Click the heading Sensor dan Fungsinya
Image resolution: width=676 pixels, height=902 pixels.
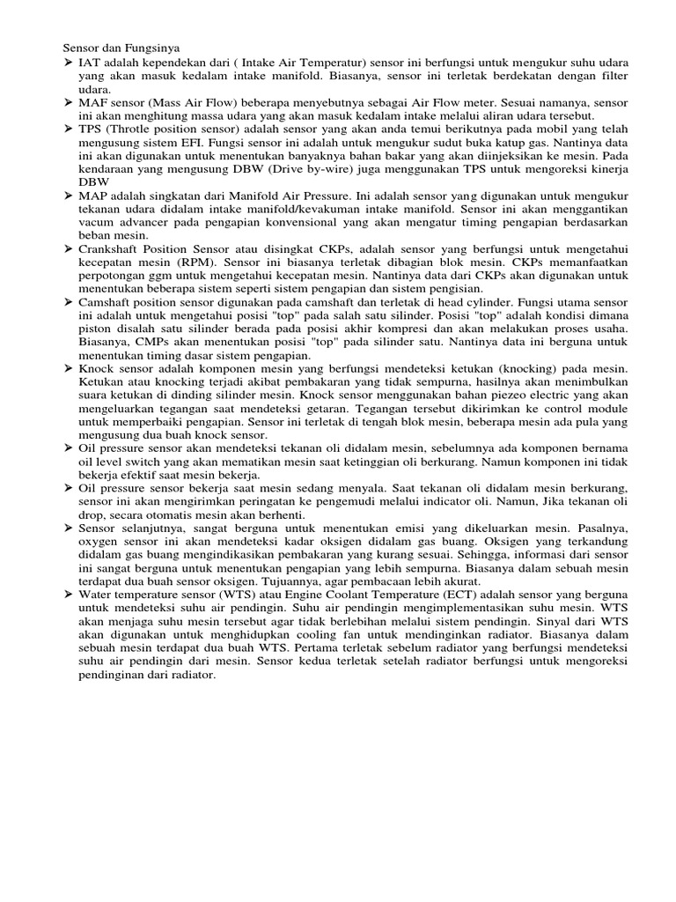tap(123, 48)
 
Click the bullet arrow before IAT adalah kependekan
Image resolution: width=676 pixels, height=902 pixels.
tap(68, 64)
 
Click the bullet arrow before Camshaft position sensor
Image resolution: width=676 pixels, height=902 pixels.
tap(68, 302)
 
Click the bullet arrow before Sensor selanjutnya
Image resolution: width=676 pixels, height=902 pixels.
tap(68, 527)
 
